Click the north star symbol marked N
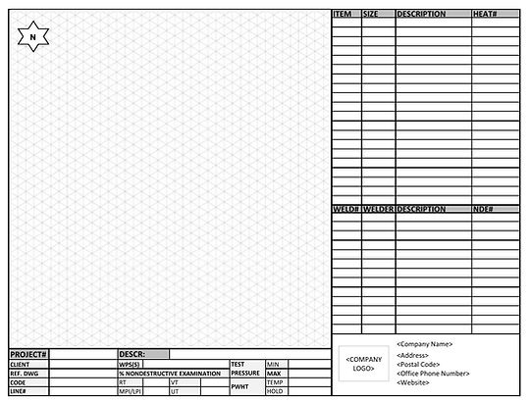(x=33, y=37)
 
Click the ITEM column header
(x=343, y=15)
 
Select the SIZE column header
(x=371, y=15)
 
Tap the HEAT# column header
(x=485, y=15)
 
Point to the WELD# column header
(x=345, y=209)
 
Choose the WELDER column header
(x=378, y=209)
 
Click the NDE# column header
(x=483, y=209)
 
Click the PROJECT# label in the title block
(x=28, y=353)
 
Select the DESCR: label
(x=132, y=353)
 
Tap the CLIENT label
(x=20, y=364)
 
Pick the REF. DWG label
(x=24, y=373)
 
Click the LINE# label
(x=18, y=391)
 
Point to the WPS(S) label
(x=130, y=364)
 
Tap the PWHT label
(x=240, y=387)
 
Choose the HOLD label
(x=275, y=391)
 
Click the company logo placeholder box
(x=365, y=364)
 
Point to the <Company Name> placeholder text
(x=424, y=344)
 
